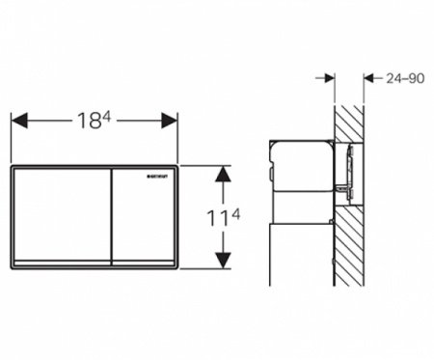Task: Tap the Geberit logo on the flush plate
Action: [159, 177]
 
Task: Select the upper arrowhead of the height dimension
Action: [223, 174]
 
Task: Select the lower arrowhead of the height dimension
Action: [223, 259]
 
